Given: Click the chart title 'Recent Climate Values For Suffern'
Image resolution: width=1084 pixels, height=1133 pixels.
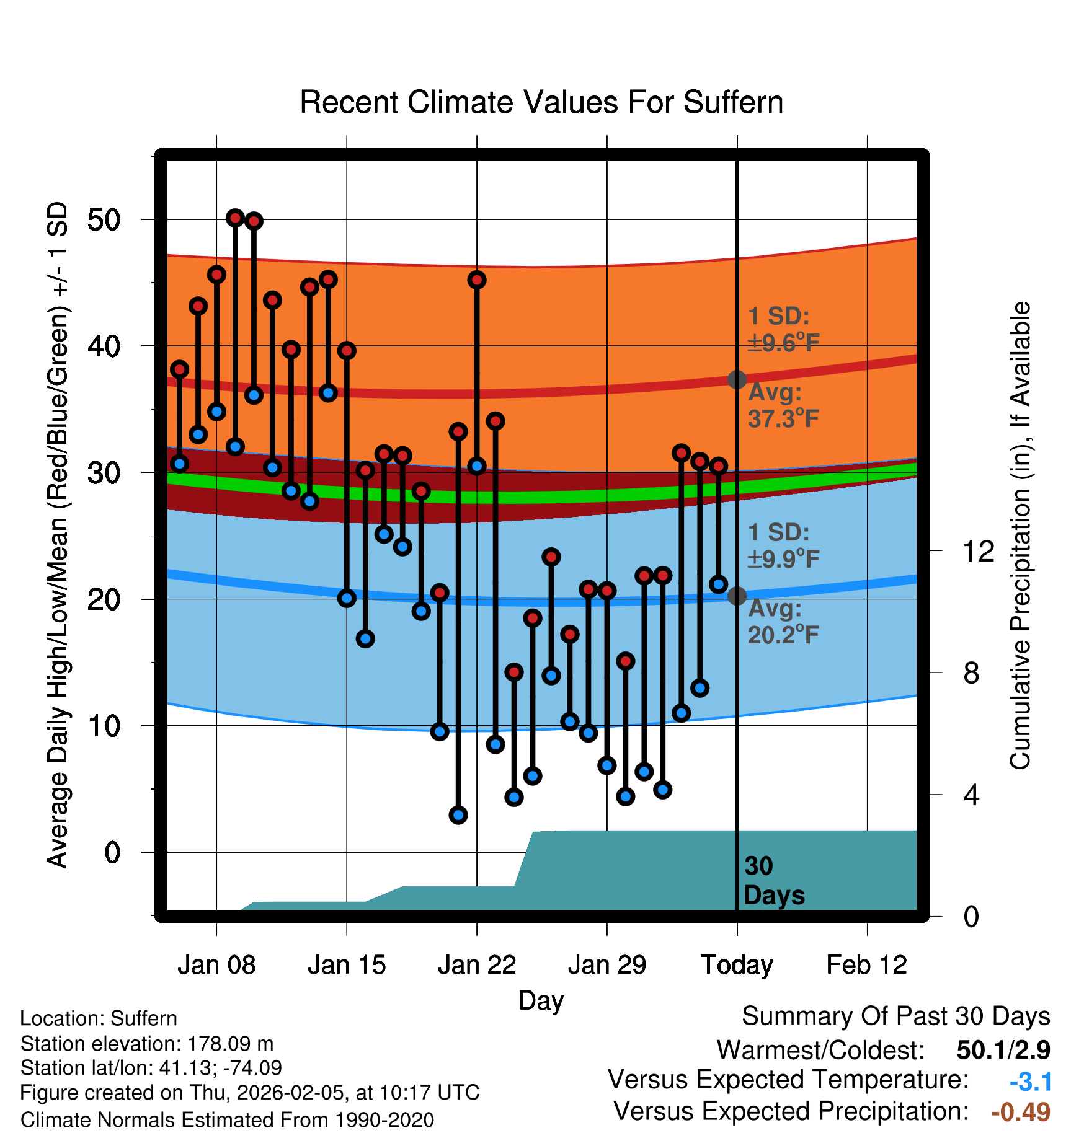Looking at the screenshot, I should tap(541, 102).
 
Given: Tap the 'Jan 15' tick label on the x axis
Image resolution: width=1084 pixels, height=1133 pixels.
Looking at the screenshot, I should tap(347, 965).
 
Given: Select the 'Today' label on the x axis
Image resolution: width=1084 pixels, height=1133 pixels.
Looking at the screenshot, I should tap(737, 965).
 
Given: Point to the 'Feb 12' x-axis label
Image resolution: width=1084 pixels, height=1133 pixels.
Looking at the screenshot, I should tap(866, 965).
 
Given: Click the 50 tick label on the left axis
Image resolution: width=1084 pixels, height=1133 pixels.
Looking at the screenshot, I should tap(104, 219).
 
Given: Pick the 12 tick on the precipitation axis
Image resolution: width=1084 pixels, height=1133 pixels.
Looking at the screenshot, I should tap(978, 551).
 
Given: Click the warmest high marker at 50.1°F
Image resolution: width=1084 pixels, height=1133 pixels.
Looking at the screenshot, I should tap(235, 218).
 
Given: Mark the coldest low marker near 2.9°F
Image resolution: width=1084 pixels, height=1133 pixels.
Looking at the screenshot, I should tap(458, 815).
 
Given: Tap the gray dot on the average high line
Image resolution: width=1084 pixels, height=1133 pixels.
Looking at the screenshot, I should tap(737, 379).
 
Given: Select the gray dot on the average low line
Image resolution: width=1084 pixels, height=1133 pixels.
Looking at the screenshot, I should tap(737, 596).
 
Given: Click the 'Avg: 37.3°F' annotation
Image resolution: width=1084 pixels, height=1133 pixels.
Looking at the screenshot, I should tap(783, 406).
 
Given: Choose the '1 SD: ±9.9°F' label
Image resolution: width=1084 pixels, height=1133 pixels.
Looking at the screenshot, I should tap(783, 546).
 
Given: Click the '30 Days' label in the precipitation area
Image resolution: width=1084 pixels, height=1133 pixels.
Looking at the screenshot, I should tap(773, 881).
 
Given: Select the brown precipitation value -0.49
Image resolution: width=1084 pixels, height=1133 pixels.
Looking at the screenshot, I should tap(1021, 1112).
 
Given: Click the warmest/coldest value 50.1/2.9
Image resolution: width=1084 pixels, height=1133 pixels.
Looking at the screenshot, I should tap(1003, 1050).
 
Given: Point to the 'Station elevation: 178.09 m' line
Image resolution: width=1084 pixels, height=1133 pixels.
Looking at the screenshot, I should tap(147, 1044).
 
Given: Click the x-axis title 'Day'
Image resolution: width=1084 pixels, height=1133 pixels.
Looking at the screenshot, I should tap(541, 1000).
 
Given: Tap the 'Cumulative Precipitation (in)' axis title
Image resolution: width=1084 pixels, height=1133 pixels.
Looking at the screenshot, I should tap(1020, 536).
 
